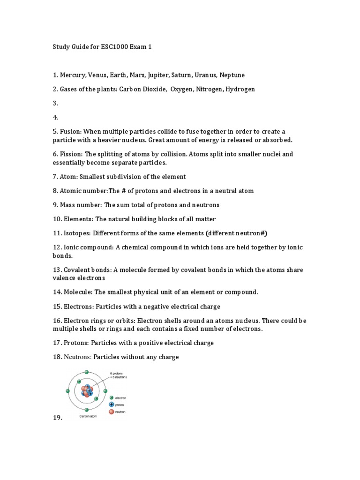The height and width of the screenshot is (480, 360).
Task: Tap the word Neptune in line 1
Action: point(230,75)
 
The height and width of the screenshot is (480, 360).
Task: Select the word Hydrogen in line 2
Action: point(240,89)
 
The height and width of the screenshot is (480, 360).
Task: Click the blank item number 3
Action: point(55,103)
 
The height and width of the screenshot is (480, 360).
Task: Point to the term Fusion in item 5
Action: point(71,131)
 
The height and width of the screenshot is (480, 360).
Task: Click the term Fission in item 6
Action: point(71,154)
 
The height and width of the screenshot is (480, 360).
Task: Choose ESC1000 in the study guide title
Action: point(116,47)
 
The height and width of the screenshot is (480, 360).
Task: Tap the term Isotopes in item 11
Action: point(75,233)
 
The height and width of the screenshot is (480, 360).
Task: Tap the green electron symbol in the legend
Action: point(111,397)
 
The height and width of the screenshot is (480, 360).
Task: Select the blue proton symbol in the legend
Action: point(111,404)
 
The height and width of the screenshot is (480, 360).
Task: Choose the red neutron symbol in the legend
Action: point(111,412)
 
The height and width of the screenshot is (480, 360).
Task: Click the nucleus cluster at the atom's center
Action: point(87,390)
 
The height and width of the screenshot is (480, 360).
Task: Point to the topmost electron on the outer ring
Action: point(87,372)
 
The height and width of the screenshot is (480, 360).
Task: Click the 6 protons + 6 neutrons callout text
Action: point(118,375)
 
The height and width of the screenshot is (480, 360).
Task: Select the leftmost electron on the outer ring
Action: point(68,390)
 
